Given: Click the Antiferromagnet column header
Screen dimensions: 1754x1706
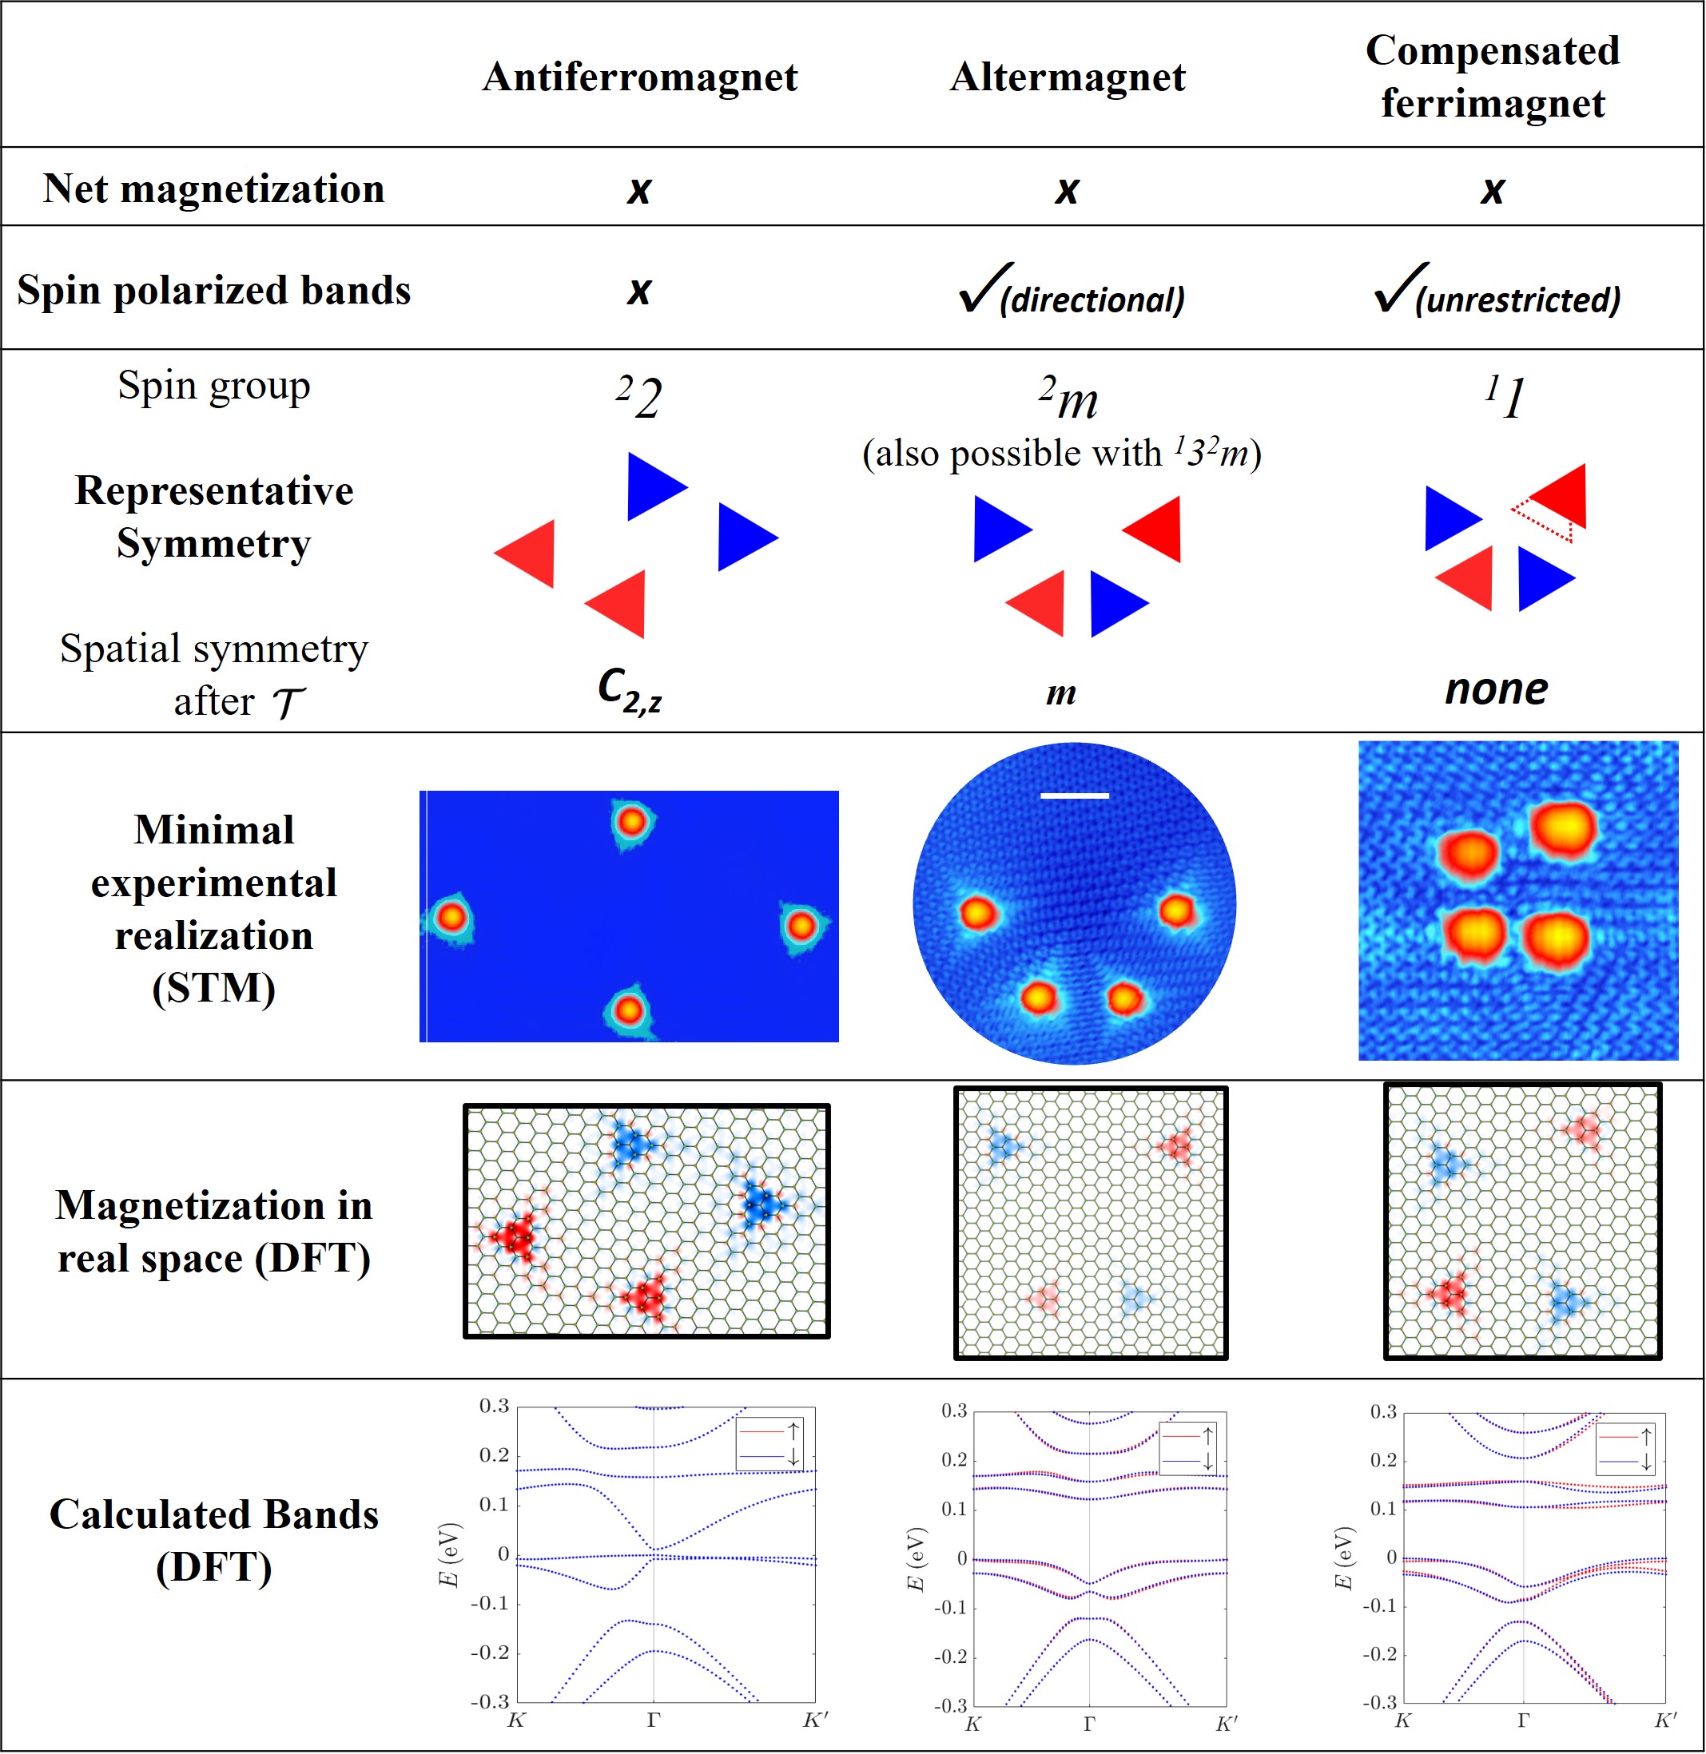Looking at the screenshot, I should [640, 77].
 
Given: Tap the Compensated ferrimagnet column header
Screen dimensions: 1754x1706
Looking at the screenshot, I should [1492, 77].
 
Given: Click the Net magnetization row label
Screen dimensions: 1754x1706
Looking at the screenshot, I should [213, 189].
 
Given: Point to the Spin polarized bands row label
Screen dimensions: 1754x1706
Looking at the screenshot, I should [213, 290].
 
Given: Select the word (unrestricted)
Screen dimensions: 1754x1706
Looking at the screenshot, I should [1518, 300].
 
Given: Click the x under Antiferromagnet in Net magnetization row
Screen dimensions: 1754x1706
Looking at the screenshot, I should [639, 190].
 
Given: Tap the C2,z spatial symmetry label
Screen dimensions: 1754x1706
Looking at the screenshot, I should [630, 691].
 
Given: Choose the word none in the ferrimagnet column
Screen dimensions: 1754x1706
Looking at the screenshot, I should [1495, 689].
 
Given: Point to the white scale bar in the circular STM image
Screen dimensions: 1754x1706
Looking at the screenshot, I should [1074, 796].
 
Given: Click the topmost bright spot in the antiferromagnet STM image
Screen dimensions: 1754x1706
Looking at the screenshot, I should [632, 820].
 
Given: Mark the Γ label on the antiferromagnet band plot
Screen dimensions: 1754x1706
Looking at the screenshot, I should [653, 1720].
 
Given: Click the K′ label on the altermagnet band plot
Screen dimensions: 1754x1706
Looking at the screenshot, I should [1226, 1724].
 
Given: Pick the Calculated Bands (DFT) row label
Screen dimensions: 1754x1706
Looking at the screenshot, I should [213, 1541].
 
